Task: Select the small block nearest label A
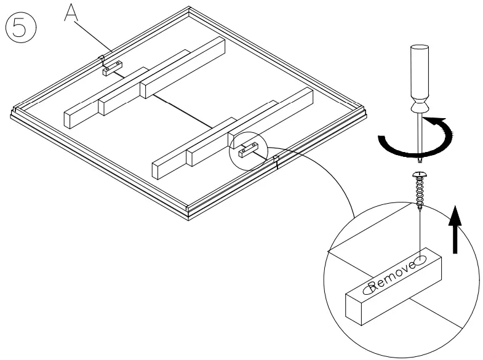(x=111, y=70)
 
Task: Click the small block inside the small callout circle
(x=245, y=150)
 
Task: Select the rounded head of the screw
(x=418, y=177)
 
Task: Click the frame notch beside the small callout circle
(x=277, y=162)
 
